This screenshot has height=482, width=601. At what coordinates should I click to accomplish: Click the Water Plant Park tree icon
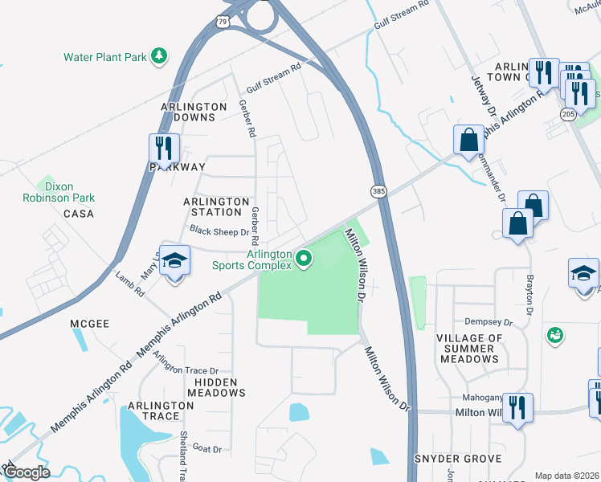click(x=160, y=55)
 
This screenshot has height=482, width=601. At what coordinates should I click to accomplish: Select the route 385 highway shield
click(x=378, y=191)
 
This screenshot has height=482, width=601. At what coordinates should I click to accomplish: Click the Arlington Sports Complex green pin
click(x=304, y=258)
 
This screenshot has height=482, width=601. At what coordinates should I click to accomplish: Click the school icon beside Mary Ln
click(x=174, y=261)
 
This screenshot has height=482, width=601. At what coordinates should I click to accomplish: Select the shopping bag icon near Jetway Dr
click(x=468, y=140)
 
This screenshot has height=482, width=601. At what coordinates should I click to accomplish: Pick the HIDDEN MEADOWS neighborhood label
click(x=216, y=387)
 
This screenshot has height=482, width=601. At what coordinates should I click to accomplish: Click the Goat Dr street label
click(x=206, y=450)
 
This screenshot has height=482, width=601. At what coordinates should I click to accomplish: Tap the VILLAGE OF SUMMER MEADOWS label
click(x=468, y=349)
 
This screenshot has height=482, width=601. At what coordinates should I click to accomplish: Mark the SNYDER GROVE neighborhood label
click(x=457, y=459)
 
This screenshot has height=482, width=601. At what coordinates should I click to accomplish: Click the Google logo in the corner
click(x=27, y=472)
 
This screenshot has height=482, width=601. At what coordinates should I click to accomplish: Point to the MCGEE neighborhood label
click(x=89, y=323)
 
